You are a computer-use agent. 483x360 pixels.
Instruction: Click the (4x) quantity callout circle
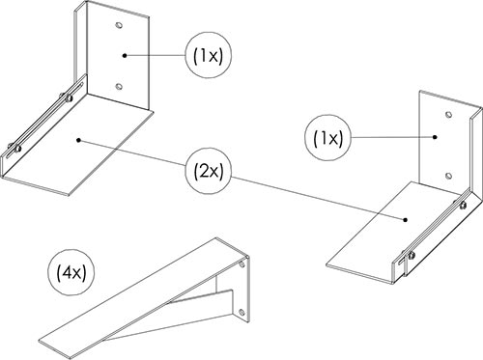point(67,274)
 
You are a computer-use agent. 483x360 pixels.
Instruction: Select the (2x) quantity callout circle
point(209,172)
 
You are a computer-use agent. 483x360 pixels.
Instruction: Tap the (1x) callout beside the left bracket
point(209,56)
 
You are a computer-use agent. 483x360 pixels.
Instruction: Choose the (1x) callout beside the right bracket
point(328,138)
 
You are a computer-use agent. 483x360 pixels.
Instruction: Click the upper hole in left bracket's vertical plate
point(119,25)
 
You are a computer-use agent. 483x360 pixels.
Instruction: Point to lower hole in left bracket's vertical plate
point(119,86)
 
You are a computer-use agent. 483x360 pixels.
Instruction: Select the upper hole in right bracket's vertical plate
point(448,115)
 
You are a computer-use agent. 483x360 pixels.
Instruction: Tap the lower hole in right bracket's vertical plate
point(448,176)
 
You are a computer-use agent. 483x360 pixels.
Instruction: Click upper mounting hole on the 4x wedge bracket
point(242,265)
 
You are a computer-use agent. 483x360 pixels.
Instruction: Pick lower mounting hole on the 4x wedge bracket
point(241,312)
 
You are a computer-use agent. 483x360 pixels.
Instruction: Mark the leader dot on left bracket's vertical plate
point(125,55)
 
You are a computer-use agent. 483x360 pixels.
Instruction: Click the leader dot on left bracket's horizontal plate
point(78,140)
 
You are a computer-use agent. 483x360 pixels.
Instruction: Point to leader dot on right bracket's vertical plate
point(435,137)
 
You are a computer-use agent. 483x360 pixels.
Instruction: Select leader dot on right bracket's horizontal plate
point(406,220)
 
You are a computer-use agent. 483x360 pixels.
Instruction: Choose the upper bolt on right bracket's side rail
point(462,205)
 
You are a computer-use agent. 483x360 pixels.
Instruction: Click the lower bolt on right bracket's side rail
point(411,256)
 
